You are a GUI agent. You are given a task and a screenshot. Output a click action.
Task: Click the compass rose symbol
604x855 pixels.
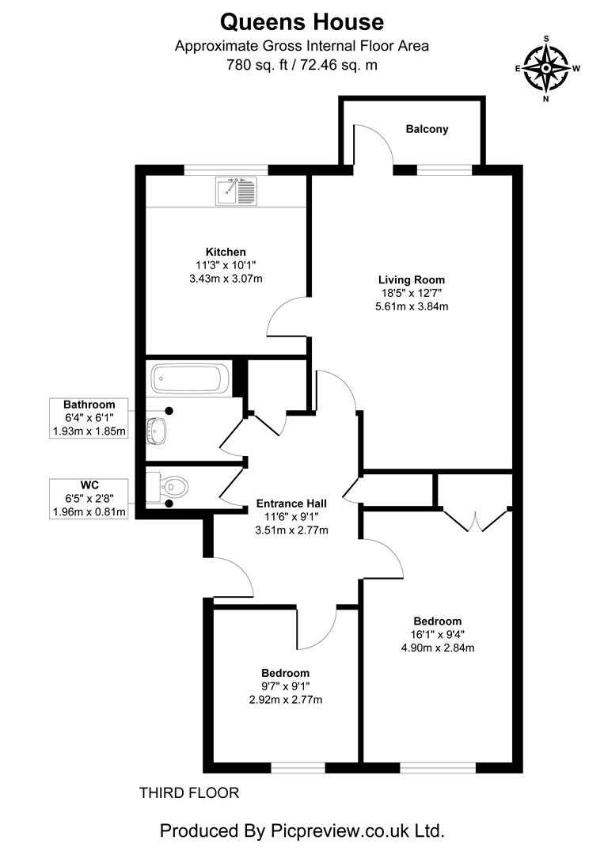547,68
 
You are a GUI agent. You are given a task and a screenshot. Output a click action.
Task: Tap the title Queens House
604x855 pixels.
302,21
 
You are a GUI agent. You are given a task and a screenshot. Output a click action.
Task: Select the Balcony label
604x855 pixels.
427,129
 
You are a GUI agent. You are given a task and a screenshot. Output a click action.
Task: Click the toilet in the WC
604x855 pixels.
170,484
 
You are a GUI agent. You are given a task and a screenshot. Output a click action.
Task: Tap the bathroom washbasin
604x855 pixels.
157,429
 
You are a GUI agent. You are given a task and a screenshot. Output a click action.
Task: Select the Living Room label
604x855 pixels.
411,279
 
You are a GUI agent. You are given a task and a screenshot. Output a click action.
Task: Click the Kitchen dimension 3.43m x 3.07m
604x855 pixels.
226,279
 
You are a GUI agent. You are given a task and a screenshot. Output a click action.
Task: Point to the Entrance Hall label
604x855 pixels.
291,503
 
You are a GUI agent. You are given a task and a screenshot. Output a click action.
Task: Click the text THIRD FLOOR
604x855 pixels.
188,792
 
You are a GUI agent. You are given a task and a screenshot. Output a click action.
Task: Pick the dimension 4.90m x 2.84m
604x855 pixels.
437,648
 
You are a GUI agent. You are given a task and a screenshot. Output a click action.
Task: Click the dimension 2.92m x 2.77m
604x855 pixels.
287,700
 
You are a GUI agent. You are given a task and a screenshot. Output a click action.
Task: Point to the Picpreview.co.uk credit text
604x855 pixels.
302,831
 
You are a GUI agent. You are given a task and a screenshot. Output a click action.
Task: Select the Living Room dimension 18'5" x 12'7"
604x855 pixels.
411,293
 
